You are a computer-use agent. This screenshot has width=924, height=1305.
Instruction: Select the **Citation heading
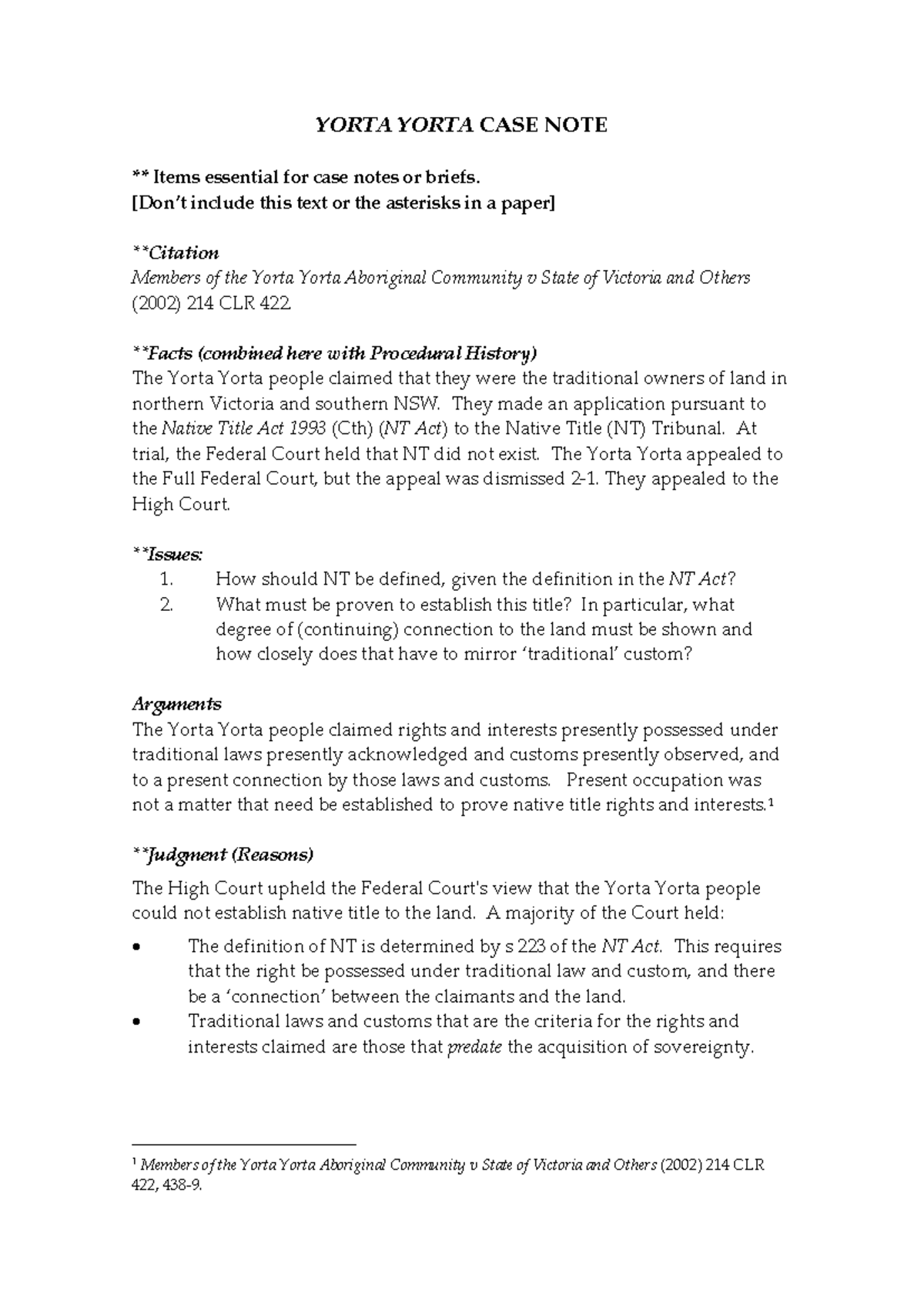176,253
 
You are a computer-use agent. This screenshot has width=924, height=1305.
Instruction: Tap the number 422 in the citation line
276,303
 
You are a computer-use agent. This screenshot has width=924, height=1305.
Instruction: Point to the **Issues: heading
168,554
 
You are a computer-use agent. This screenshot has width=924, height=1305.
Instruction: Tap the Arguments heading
176,704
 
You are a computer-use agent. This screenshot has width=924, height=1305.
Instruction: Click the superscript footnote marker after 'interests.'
771,802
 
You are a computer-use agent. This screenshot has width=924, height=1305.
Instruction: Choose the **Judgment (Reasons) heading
223,855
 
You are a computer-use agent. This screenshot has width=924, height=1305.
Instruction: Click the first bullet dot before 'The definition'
137,948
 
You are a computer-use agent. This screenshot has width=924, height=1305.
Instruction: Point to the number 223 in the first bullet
534,946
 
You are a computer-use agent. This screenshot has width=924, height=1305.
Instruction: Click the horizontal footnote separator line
244,1145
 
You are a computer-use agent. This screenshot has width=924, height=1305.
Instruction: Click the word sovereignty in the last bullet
701,1047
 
